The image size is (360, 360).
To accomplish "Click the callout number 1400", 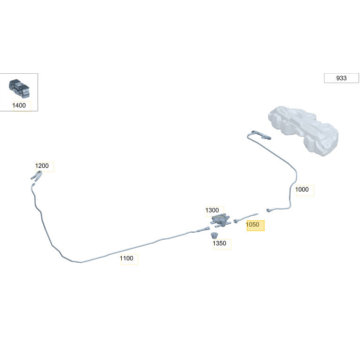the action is tap(19, 105).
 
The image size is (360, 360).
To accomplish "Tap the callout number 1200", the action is tap(42, 166).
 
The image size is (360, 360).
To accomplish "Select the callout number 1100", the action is tap(126, 258).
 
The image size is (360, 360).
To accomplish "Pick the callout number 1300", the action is tap(212, 210).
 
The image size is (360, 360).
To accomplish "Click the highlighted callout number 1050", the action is tap(252, 225).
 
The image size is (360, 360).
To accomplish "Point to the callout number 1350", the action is tap(219, 243).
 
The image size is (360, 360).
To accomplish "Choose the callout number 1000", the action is tap(302, 190).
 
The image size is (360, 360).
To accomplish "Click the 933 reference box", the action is tap(341, 78).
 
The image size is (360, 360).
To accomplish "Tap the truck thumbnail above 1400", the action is tap(19, 88).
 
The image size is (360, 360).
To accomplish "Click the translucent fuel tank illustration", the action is tap(303, 130).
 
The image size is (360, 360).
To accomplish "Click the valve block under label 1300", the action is tap(220, 220).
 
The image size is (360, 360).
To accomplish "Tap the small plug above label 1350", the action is tap(214, 235).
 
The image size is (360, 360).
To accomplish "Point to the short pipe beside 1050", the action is tap(246, 218).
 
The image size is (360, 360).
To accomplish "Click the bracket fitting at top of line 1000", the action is tap(262, 135).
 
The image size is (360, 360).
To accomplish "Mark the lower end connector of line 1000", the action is tap(268, 210).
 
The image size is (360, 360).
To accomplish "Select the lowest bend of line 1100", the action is tap(80, 262).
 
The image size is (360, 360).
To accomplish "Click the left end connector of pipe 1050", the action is tap(236, 221).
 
